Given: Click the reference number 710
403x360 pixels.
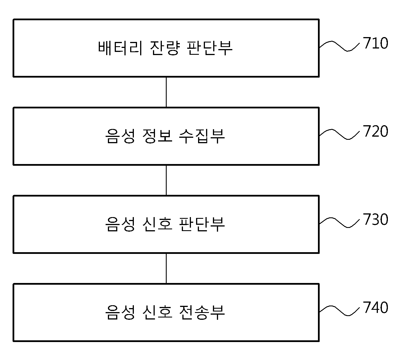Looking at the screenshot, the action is click(x=375, y=43).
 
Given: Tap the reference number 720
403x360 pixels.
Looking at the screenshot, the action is click(x=375, y=131).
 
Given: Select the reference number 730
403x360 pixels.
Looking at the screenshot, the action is click(x=375, y=219).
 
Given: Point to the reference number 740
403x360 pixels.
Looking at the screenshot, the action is click(x=375, y=307).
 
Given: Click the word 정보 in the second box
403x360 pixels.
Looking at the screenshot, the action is click(x=157, y=136).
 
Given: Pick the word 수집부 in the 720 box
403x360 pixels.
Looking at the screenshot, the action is click(x=202, y=136).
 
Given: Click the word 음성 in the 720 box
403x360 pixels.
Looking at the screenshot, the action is click(x=120, y=136).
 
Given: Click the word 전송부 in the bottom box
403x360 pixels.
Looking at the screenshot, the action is click(x=202, y=312).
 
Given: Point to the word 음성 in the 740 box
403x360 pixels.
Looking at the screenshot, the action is click(x=120, y=312).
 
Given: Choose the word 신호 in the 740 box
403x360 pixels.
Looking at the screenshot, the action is click(x=157, y=312).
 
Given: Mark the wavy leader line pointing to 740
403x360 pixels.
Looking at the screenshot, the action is click(x=339, y=310).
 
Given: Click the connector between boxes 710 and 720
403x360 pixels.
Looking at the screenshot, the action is click(x=166, y=92).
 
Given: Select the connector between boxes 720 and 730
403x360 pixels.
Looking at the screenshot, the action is click(x=166, y=180).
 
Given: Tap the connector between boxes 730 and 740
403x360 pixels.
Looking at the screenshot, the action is click(x=166, y=268).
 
